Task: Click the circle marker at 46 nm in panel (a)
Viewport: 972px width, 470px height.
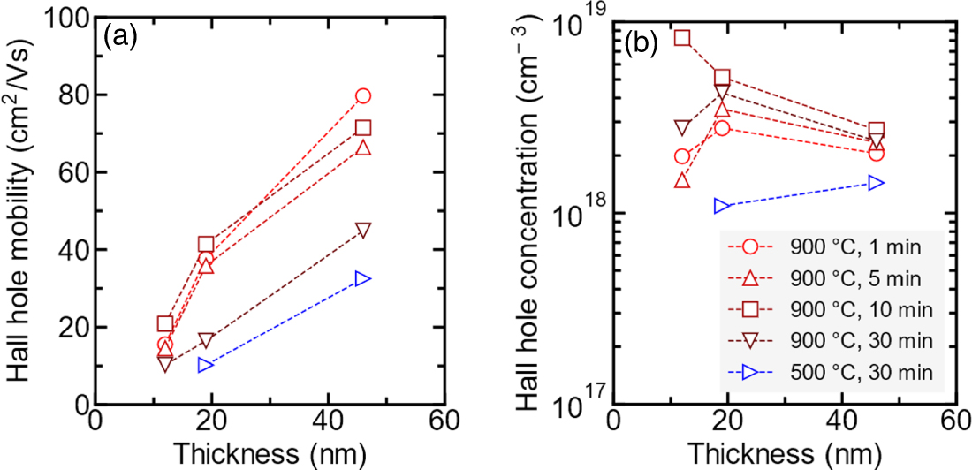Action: point(362,96)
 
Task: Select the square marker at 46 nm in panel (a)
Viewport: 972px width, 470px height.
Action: point(362,128)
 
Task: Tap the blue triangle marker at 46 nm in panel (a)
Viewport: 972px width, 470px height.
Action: point(362,278)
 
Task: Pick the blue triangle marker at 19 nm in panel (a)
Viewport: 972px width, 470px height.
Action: point(205,364)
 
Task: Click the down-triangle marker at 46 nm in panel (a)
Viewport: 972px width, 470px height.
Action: point(362,230)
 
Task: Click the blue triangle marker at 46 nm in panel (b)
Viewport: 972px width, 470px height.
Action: point(876,183)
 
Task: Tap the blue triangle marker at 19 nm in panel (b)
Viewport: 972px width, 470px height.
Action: point(723,206)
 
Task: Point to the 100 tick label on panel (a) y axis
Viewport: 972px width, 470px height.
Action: point(62,18)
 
